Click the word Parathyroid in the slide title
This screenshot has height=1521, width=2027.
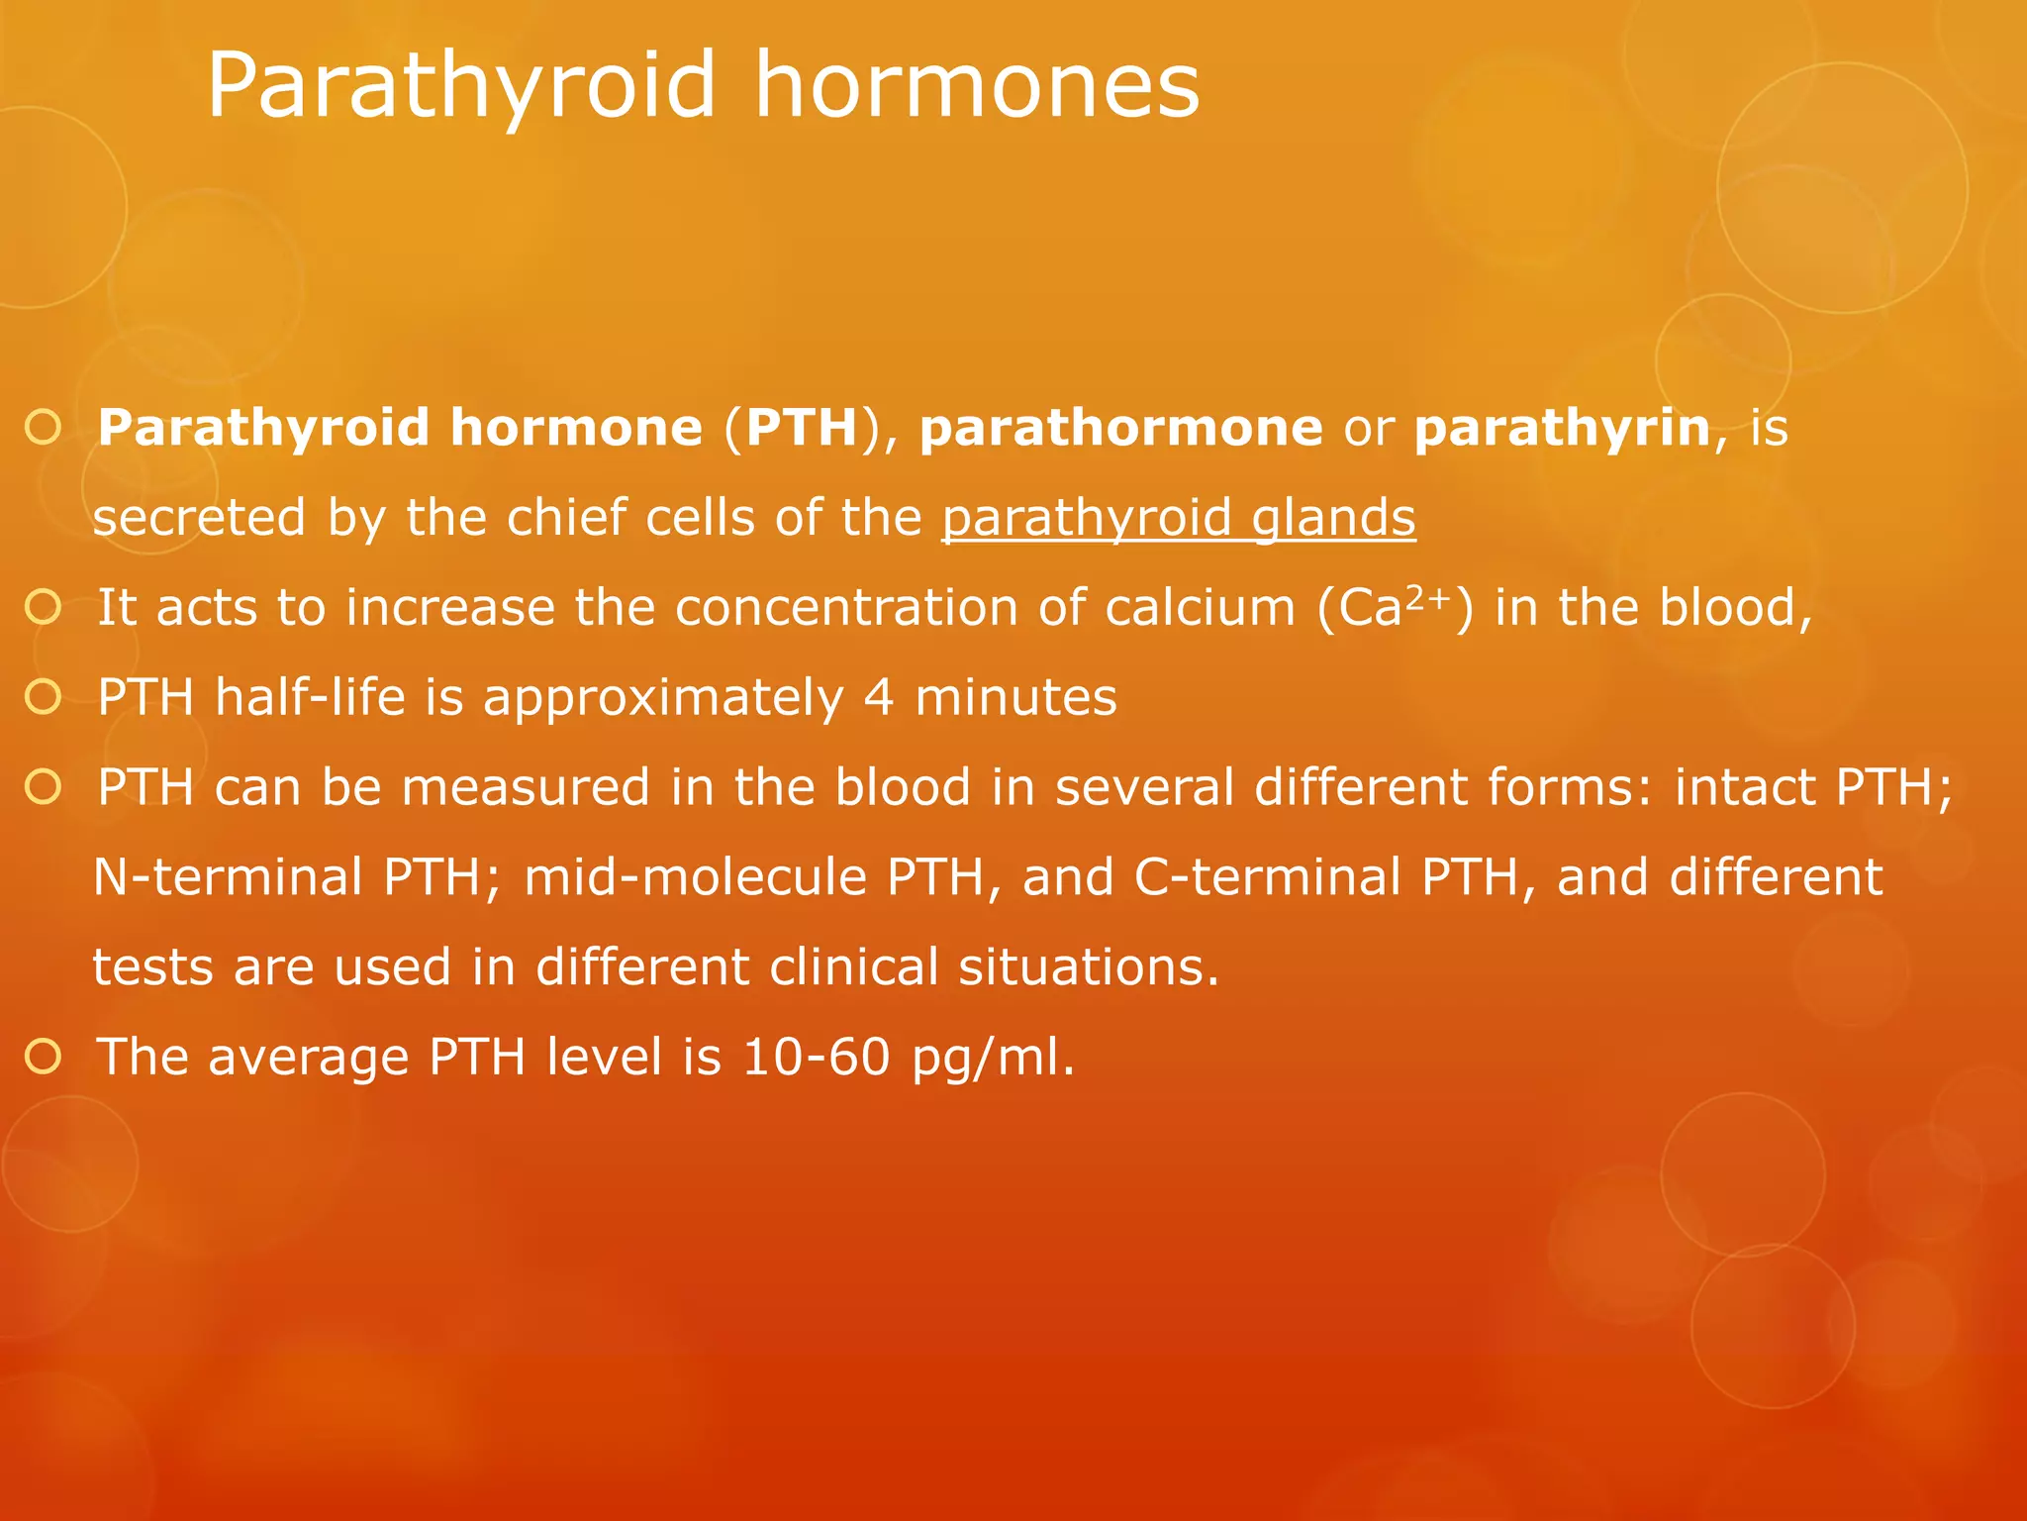coord(460,87)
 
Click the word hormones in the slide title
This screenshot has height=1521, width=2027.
coord(977,87)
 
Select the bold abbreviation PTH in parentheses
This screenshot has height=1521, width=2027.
coord(801,428)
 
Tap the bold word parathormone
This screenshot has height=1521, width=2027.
coord(1120,428)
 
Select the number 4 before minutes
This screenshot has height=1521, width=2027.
coord(879,697)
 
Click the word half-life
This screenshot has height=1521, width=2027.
coord(311,697)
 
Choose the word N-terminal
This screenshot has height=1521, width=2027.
coord(229,877)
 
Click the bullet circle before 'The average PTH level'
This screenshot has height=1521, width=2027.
coord(44,1057)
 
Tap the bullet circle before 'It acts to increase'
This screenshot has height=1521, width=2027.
coord(44,607)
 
